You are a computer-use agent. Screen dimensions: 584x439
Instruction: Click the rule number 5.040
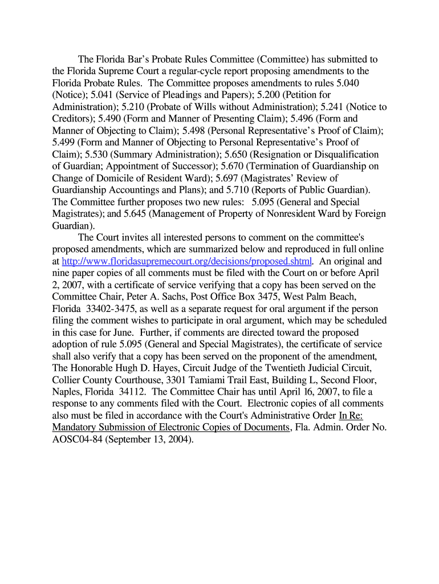(347, 83)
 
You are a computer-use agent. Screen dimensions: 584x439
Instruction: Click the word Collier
(66, 380)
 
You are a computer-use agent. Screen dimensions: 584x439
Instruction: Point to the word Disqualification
(342, 155)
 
